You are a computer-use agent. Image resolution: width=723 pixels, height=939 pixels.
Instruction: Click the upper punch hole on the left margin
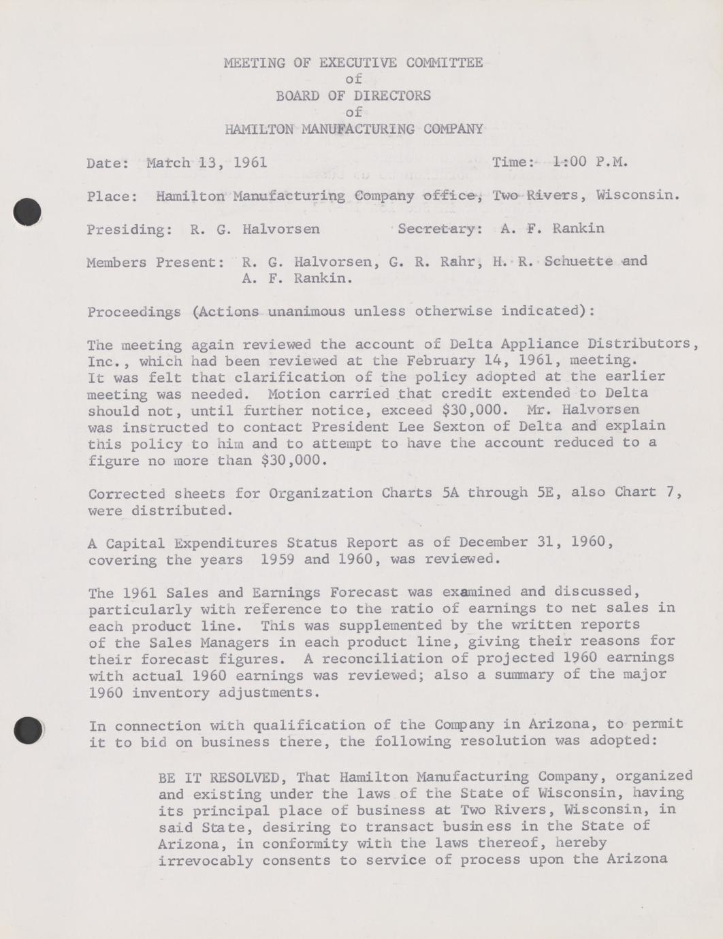pos(27,212)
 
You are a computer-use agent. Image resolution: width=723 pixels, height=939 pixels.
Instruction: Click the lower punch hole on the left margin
pos(29,730)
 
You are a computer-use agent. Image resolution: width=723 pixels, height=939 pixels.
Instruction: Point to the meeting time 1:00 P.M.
pos(590,163)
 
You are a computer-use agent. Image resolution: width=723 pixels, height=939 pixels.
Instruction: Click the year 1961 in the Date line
pos(250,163)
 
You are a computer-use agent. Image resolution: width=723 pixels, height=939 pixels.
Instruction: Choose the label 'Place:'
pos(112,196)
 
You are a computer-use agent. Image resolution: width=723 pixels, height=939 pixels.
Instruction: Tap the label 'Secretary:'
pos(440,229)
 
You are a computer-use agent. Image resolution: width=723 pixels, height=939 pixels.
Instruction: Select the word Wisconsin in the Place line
pos(637,195)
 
